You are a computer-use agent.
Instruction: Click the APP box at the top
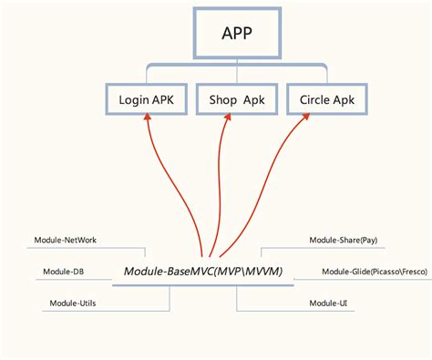pyautogui.click(x=237, y=33)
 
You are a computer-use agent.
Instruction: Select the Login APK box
pyautogui.click(x=146, y=99)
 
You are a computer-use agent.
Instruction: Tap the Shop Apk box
pyautogui.click(x=237, y=99)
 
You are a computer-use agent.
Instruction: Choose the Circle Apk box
pyautogui.click(x=327, y=99)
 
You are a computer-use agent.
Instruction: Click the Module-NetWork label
pyautogui.click(x=66, y=240)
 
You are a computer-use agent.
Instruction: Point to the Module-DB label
pyautogui.click(x=63, y=272)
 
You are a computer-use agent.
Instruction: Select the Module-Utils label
pyautogui.click(x=73, y=303)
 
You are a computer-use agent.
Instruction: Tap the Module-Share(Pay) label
pyautogui.click(x=344, y=240)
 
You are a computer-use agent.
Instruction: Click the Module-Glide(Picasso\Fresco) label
pyautogui.click(x=375, y=272)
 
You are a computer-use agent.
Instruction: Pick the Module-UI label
pyautogui.click(x=328, y=303)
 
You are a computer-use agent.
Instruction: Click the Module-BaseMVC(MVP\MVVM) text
pyautogui.click(x=203, y=271)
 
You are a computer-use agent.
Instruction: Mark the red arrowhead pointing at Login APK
pyautogui.click(x=148, y=117)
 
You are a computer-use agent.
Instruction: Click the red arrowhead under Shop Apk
pyautogui.click(x=228, y=117)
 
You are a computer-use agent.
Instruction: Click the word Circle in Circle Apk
pyautogui.click(x=314, y=99)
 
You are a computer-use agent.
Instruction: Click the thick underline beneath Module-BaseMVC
pyautogui.click(x=203, y=285)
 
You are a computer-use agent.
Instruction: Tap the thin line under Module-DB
pyautogui.click(x=74, y=279)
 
